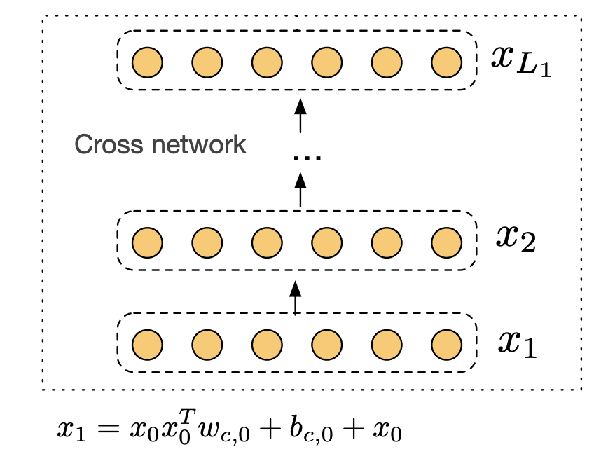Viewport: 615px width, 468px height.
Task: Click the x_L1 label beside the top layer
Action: (x=521, y=62)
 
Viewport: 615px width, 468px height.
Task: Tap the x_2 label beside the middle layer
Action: (x=516, y=239)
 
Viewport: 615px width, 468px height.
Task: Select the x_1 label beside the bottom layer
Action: (x=518, y=343)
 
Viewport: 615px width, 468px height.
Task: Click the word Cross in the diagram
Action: (x=109, y=144)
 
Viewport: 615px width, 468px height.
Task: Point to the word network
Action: (x=199, y=144)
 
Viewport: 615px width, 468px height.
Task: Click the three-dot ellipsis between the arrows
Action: (x=307, y=158)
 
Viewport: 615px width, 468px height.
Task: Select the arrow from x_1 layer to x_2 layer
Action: (x=296, y=298)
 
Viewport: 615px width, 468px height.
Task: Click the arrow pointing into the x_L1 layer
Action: (x=300, y=116)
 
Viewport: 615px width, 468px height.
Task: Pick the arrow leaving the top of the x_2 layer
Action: (x=300, y=190)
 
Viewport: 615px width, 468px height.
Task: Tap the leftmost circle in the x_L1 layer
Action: (x=148, y=62)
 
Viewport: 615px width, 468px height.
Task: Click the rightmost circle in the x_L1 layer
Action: (x=446, y=62)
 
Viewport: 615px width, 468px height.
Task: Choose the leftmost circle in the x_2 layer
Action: (x=148, y=243)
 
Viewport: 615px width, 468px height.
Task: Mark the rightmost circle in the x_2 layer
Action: (x=446, y=243)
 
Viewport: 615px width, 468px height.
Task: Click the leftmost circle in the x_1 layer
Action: (x=148, y=345)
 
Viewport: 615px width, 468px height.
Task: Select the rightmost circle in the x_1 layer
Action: (x=446, y=345)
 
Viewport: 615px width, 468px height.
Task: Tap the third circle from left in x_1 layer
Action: (x=267, y=345)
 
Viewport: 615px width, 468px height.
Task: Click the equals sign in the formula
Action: (x=108, y=428)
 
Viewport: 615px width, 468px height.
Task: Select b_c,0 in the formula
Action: (x=311, y=429)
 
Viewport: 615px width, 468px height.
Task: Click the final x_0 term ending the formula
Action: (x=387, y=432)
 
